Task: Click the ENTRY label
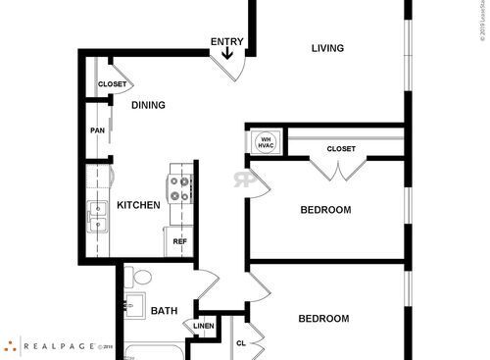(x=227, y=41)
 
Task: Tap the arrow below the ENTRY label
(x=228, y=54)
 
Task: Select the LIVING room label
(x=327, y=48)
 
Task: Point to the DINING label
(x=148, y=105)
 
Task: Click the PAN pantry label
(x=97, y=130)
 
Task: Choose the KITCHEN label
(x=138, y=205)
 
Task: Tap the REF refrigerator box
(x=180, y=241)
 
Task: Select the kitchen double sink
(x=97, y=217)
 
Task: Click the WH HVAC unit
(x=265, y=141)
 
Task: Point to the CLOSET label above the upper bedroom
(x=340, y=149)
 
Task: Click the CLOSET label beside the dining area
(x=112, y=84)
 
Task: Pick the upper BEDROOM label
(x=325, y=209)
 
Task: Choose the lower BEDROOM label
(x=323, y=318)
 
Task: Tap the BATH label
(x=164, y=311)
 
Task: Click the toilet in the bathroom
(x=136, y=279)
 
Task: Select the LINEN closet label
(x=203, y=326)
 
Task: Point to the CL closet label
(x=241, y=343)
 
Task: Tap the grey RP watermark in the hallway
(x=242, y=180)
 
